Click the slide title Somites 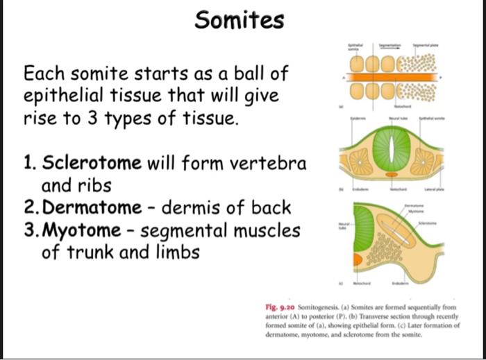click(240, 20)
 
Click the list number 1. click(29, 164)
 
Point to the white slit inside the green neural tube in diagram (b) click(391, 151)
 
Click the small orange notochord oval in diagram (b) click(392, 176)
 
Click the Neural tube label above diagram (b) click(398, 120)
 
